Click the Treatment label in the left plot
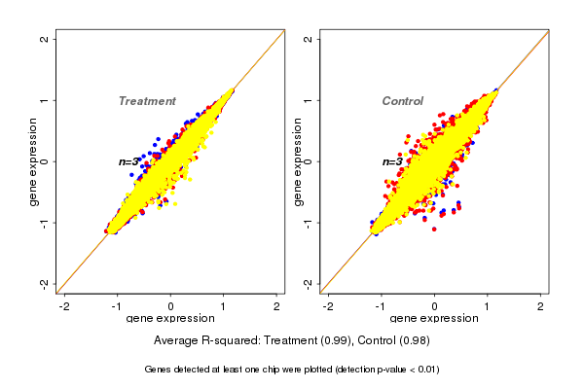[x=147, y=101]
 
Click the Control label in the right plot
[x=402, y=101]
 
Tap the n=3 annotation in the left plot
[x=129, y=161]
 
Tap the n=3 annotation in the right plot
[x=392, y=161]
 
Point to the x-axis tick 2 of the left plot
[x=276, y=305]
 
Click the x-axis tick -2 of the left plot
[x=65, y=305]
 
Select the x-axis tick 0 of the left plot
[x=171, y=305]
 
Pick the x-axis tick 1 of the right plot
[x=488, y=305]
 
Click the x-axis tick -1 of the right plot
[x=382, y=305]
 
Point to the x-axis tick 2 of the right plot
[x=540, y=305]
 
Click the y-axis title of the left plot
[x=33, y=161]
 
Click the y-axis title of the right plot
[x=297, y=161]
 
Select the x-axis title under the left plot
[x=170, y=318]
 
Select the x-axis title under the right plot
[x=434, y=318]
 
